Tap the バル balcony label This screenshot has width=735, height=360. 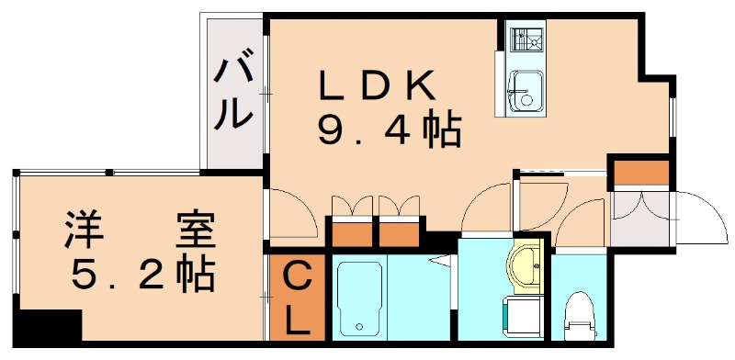pyautogui.click(x=233, y=92)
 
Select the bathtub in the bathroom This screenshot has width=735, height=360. pyautogui.click(x=358, y=296)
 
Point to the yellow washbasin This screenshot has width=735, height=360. pyautogui.click(x=526, y=266)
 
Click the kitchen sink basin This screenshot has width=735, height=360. pyautogui.click(x=526, y=90)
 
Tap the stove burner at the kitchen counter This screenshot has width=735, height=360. pyautogui.click(x=526, y=39)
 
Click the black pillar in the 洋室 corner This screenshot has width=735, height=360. pyautogui.click(x=51, y=327)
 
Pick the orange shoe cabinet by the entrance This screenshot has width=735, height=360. pyautogui.click(x=641, y=172)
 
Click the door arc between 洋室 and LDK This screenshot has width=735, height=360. pyautogui.click(x=290, y=213)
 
